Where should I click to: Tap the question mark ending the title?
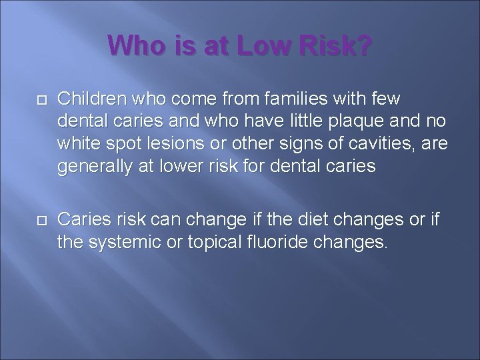coord(364,47)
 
